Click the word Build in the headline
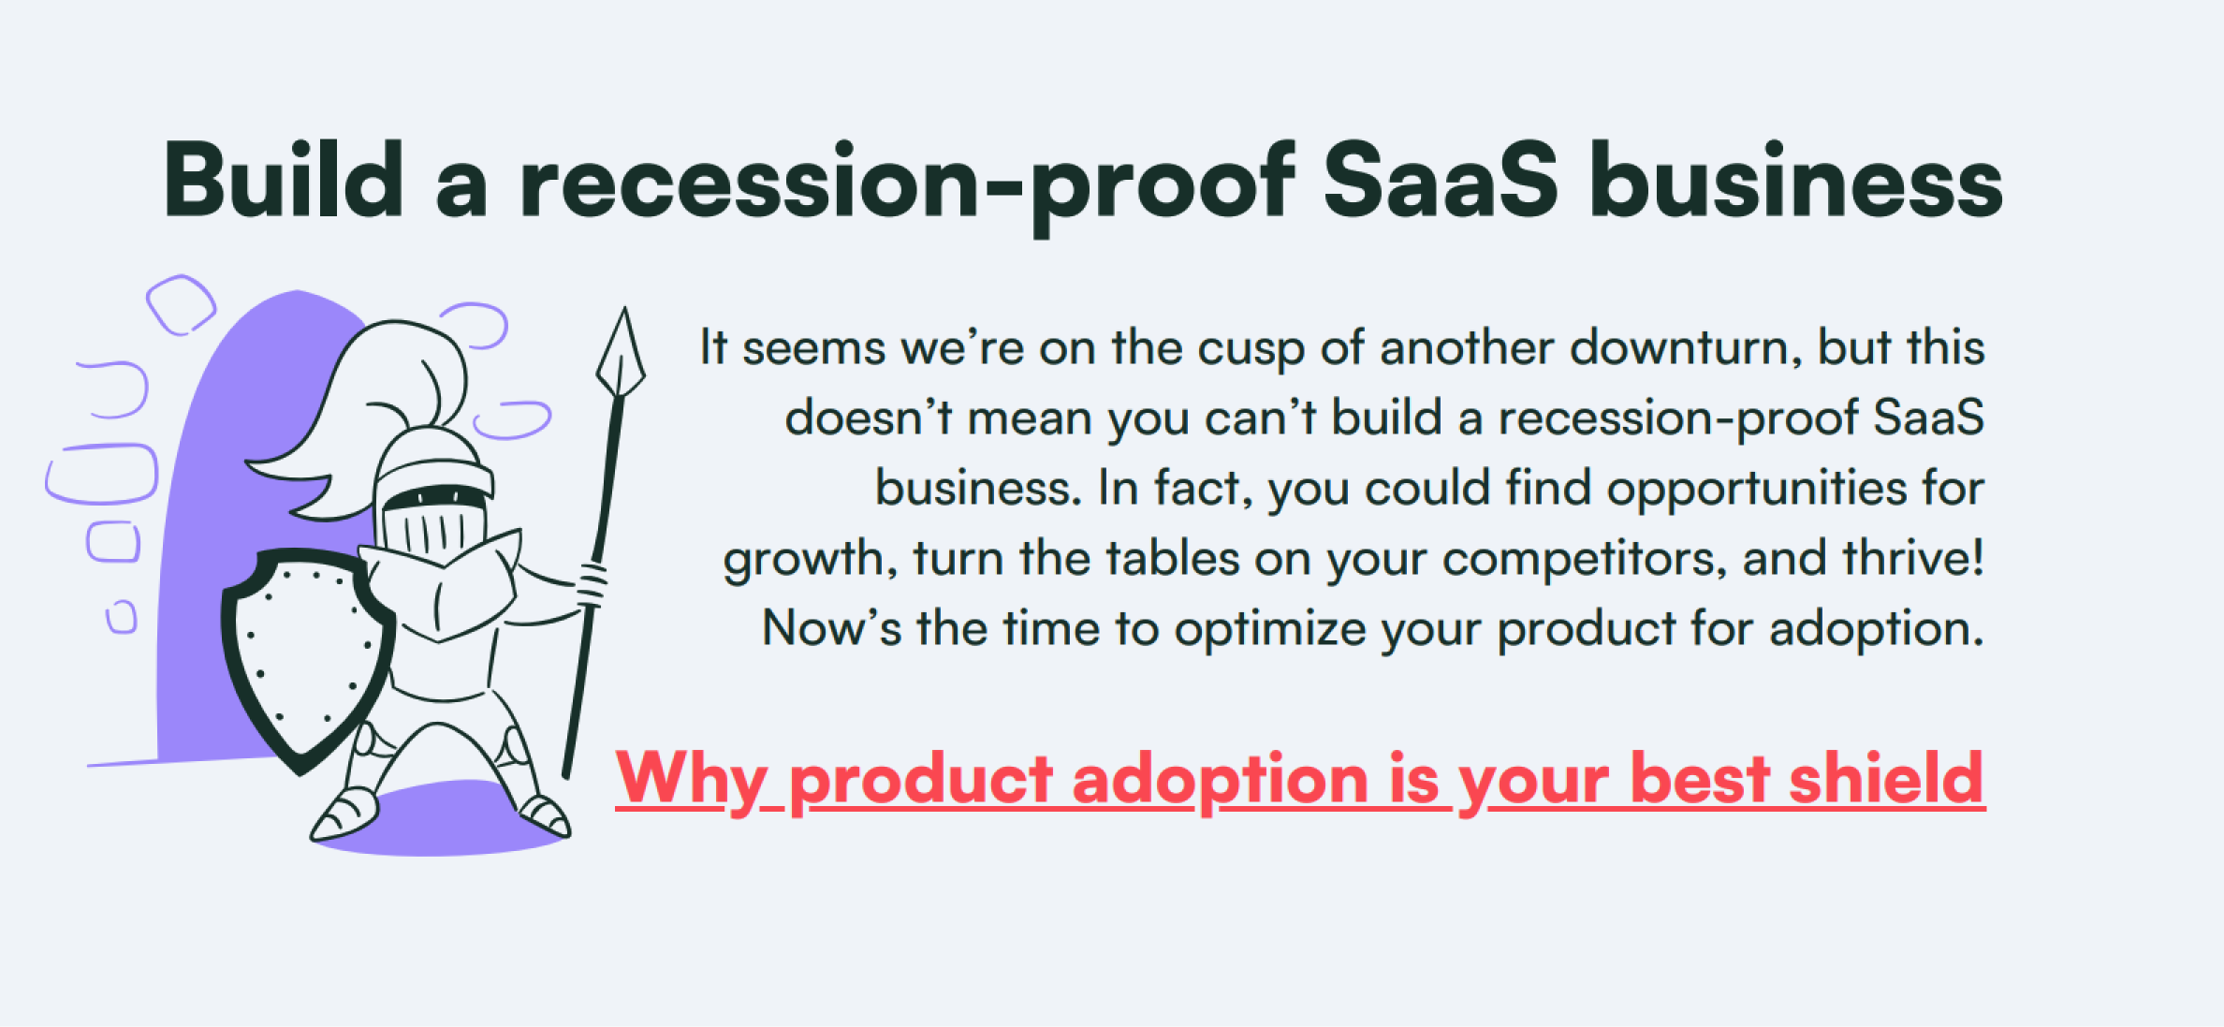tap(284, 180)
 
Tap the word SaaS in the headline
tap(1441, 180)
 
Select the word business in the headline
tap(1796, 180)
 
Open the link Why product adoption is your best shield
tap(1300, 781)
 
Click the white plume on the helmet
tap(374, 412)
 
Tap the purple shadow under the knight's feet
tap(440, 820)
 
